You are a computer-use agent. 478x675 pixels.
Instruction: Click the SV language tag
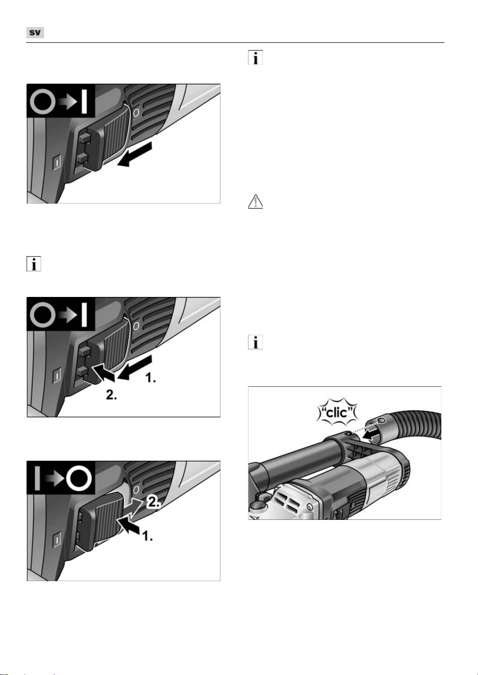coord(35,33)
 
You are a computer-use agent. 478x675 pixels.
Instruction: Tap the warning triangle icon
coord(255,202)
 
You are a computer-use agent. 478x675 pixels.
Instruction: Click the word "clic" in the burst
coord(337,412)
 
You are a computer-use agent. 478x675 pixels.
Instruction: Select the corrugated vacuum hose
coord(413,428)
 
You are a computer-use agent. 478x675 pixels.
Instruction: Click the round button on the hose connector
coord(382,420)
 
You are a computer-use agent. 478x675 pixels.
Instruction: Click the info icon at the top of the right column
coord(255,57)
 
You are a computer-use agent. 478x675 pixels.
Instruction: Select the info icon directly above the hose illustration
coord(255,342)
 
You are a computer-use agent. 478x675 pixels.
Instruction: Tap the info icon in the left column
coord(34,264)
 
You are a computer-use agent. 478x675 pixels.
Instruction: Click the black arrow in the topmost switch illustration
coord(135,154)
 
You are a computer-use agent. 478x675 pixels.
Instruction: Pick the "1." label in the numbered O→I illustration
coord(150,377)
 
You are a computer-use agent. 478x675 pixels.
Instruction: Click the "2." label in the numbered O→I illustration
coord(111,394)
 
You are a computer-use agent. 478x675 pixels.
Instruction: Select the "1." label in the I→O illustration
coord(147,536)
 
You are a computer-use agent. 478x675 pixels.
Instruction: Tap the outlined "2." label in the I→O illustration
coord(154,502)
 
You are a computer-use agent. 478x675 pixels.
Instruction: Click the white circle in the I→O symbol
coord(79,478)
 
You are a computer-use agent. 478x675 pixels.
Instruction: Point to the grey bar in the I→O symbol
coord(37,478)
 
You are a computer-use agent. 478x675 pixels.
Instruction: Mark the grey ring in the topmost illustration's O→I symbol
coord(43,101)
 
